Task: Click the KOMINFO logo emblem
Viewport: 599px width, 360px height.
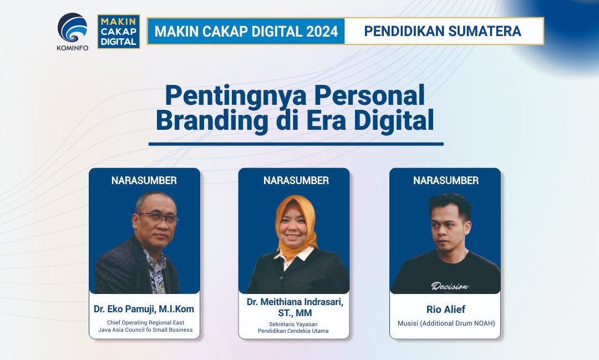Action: (72, 28)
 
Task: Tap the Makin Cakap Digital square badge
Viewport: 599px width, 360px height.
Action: (119, 31)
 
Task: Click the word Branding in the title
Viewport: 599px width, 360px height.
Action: (212, 120)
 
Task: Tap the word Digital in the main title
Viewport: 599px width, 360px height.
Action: (394, 120)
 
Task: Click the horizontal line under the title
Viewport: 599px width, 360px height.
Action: (296, 144)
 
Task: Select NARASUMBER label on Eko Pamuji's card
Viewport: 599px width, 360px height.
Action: (144, 180)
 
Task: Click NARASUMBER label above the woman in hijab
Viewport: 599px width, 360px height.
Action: (296, 180)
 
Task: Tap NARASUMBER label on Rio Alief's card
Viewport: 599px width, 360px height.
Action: (446, 180)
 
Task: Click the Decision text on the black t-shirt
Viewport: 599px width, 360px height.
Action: (450, 286)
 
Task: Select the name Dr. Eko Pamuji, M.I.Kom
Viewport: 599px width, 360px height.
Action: (144, 309)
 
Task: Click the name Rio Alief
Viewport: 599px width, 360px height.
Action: (446, 309)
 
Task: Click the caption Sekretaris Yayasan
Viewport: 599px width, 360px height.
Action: (293, 324)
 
